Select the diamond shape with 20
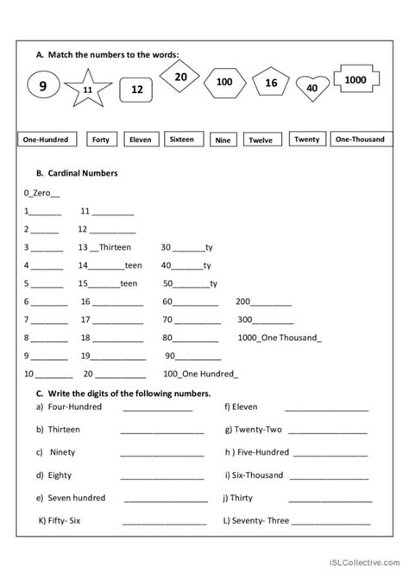click(x=180, y=78)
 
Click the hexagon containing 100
click(x=224, y=83)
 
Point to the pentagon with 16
click(x=270, y=83)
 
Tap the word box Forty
click(x=100, y=140)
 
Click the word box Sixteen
click(x=181, y=139)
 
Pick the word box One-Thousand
click(x=360, y=139)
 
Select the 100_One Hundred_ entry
click(x=199, y=374)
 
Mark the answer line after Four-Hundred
click(x=161, y=409)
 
